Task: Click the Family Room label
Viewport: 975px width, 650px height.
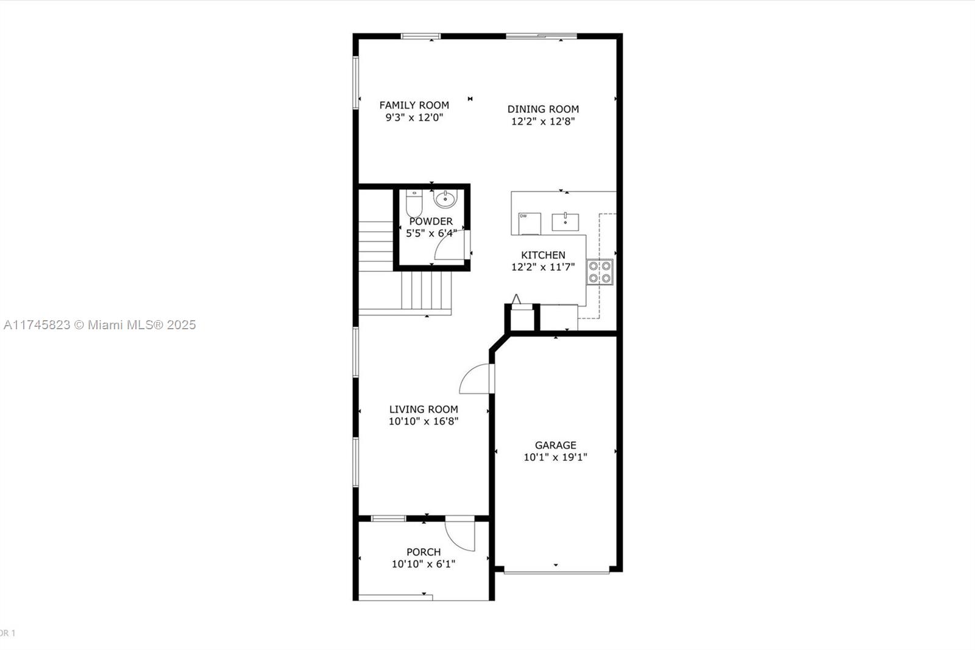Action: [414, 105]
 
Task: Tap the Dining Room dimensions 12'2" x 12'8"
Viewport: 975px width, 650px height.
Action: [543, 121]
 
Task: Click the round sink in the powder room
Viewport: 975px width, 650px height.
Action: [445, 199]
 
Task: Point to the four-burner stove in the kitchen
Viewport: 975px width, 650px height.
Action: [600, 272]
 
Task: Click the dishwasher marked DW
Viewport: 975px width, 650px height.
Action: [529, 223]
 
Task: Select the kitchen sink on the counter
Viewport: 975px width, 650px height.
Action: [565, 222]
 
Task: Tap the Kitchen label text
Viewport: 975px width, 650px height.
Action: [543, 255]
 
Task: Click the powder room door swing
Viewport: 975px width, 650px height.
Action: [451, 247]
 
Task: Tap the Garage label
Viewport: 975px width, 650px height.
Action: [555, 445]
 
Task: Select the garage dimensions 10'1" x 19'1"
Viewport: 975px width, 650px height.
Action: [555, 457]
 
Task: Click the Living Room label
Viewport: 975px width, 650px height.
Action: [424, 409]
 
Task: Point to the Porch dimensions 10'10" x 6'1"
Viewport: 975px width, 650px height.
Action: [423, 564]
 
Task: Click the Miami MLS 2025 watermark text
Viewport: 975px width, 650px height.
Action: [100, 325]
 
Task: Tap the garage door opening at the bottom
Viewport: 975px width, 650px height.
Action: [556, 571]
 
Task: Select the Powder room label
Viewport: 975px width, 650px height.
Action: [431, 221]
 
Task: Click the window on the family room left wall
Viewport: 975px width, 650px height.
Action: [356, 83]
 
